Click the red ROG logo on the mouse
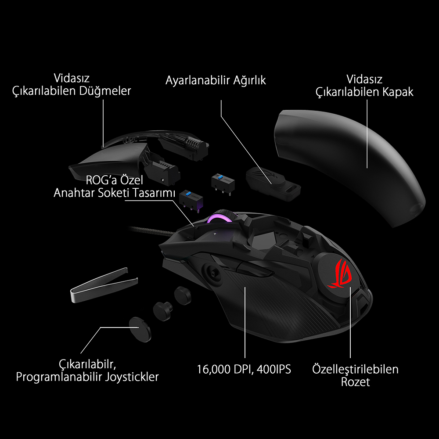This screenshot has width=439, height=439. click(340, 274)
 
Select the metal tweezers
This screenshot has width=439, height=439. click(104, 285)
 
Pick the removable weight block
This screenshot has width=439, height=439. click(273, 184)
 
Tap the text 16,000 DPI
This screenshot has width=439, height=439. click(225, 369)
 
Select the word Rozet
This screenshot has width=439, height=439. click(355, 382)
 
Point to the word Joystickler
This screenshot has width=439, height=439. click(132, 377)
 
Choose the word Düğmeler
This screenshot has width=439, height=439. click(105, 91)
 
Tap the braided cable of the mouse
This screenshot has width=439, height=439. click(151, 231)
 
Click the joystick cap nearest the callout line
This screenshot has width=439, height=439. click(140, 329)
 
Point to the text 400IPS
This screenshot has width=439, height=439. click(274, 369)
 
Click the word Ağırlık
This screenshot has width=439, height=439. click(249, 80)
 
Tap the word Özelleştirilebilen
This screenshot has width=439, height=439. click(355, 369)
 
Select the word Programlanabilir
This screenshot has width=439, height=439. click(59, 377)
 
